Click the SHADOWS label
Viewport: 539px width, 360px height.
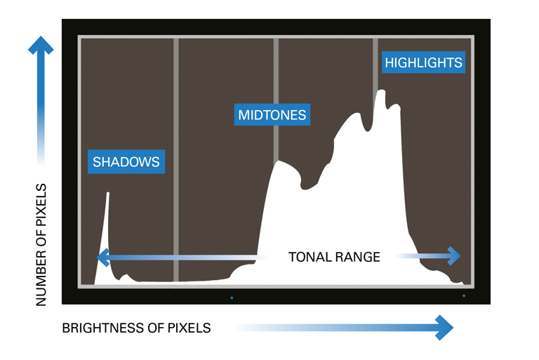(x=126, y=162)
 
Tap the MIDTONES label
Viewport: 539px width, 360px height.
(x=272, y=114)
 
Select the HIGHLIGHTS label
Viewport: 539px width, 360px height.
(x=423, y=62)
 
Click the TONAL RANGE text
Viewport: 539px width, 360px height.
(x=334, y=257)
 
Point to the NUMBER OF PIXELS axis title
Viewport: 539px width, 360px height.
(x=41, y=244)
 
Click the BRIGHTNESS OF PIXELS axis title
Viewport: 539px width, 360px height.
(x=136, y=328)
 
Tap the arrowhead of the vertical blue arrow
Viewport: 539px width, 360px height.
(x=41, y=46)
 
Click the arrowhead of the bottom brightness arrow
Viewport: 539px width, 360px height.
(x=445, y=327)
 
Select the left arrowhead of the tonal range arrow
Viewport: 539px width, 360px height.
(x=103, y=257)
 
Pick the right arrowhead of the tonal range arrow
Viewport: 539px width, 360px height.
(x=455, y=257)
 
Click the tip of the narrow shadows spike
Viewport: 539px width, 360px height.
(x=107, y=194)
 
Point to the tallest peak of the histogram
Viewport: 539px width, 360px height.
(x=381, y=91)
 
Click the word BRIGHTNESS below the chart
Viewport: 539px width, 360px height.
(x=101, y=328)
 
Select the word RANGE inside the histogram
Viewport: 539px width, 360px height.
(x=358, y=257)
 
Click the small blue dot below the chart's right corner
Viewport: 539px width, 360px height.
(x=464, y=296)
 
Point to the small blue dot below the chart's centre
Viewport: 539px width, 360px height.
(x=232, y=298)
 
